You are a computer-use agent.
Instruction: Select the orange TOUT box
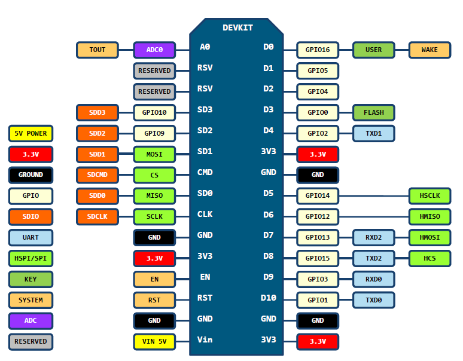(x=97, y=50)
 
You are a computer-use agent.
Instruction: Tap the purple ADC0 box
(x=154, y=50)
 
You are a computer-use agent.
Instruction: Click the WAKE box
(x=430, y=50)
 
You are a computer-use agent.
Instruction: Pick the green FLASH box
(x=373, y=112)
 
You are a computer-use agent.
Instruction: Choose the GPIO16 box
(x=318, y=50)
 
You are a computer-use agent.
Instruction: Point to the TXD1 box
(x=373, y=133)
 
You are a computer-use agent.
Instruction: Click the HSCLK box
(x=430, y=196)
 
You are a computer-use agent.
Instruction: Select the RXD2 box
(x=373, y=238)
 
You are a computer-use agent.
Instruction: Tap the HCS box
(x=430, y=259)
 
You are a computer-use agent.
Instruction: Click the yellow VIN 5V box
(x=154, y=342)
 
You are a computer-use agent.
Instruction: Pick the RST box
(x=154, y=300)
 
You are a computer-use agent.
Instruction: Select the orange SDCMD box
(x=97, y=175)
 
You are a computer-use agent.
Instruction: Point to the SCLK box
(x=154, y=216)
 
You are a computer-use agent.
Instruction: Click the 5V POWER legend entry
(x=31, y=133)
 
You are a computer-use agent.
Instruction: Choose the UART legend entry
(x=31, y=237)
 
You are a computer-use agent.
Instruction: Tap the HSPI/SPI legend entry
(x=31, y=258)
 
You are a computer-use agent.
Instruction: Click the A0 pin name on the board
(x=205, y=47)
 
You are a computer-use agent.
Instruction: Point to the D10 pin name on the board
(x=269, y=298)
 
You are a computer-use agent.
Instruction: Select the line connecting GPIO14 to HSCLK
(x=373, y=196)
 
